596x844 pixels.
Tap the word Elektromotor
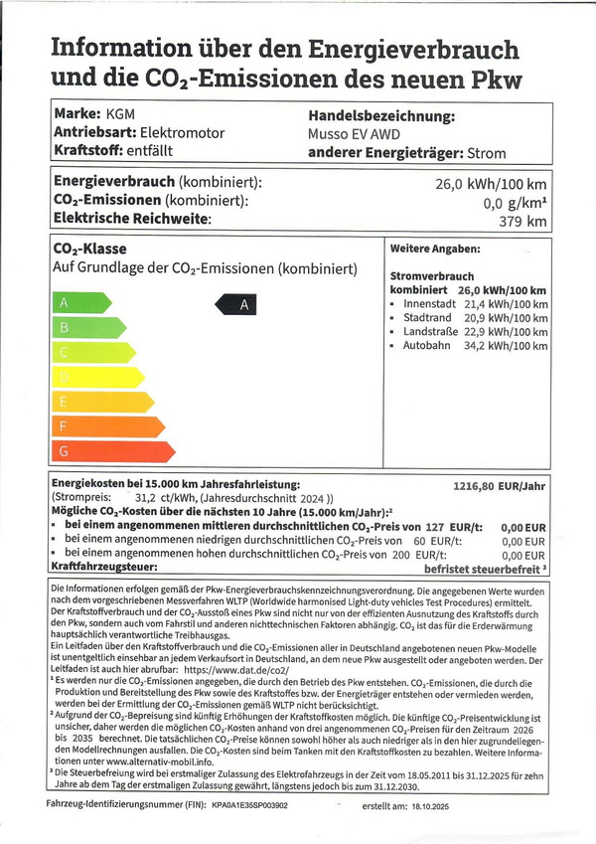coord(182,133)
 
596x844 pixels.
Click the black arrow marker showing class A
coord(237,304)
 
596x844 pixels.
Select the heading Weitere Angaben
coord(435,249)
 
